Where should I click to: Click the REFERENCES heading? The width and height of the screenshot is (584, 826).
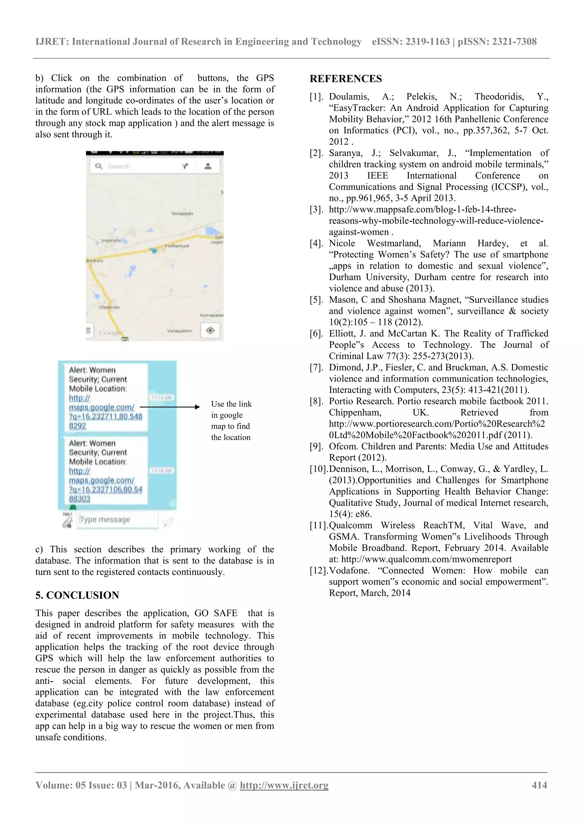tap(346, 79)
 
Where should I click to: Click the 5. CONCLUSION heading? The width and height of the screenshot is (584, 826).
tap(77, 595)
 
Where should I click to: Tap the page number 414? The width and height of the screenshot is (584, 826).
tap(539, 785)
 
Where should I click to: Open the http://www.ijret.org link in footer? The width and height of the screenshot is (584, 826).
tap(284, 785)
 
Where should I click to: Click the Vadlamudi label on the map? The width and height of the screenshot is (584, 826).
tap(177, 246)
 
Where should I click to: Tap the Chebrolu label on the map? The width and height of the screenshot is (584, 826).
tap(109, 307)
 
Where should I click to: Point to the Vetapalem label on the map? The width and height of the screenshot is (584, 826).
tap(179, 331)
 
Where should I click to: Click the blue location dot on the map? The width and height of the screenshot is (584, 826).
tap(154, 250)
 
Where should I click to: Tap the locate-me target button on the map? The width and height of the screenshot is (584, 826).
tap(210, 330)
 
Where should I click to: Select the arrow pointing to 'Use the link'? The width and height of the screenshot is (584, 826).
tap(169, 407)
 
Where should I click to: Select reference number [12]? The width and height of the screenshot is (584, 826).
tap(319, 570)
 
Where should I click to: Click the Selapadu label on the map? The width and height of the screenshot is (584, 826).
tap(182, 213)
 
